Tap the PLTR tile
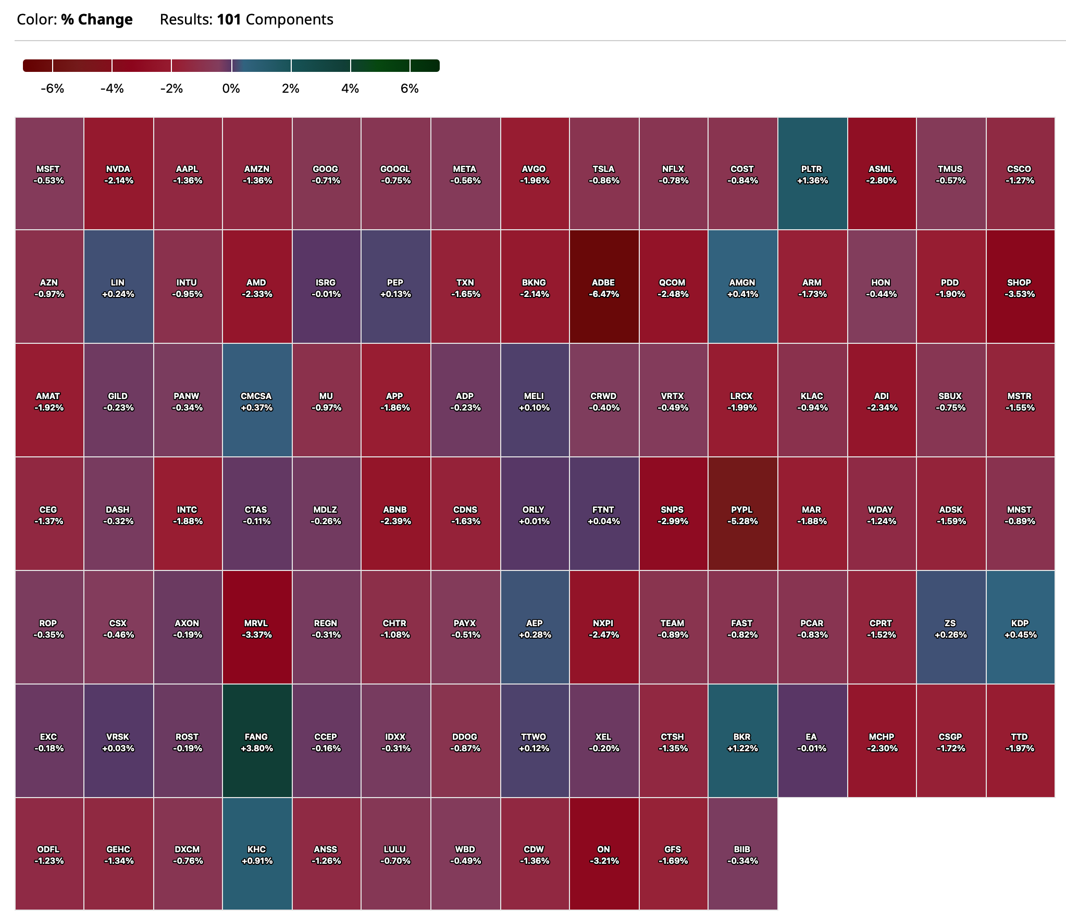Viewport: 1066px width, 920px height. pos(812,173)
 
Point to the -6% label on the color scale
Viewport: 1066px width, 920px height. pos(52,89)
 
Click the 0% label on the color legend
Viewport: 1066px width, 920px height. pos(231,89)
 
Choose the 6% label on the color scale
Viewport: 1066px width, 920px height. pos(410,89)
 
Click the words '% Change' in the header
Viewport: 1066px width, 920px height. pos(97,20)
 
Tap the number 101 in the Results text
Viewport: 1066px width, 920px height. pos(229,20)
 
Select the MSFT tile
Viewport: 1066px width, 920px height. pos(49,173)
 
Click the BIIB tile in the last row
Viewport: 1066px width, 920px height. pos(742,854)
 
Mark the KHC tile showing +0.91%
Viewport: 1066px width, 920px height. pos(257,854)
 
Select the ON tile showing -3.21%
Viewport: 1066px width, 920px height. pos(604,854)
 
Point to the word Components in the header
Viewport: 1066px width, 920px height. pos(289,20)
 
